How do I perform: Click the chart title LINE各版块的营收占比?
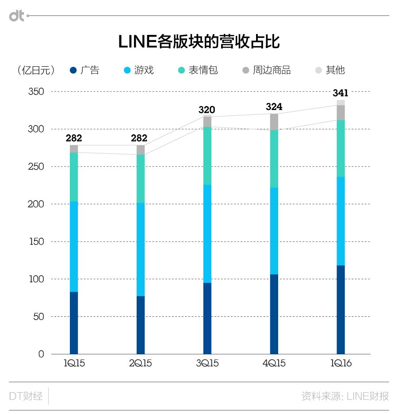click(199, 42)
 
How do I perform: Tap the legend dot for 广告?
click(74, 70)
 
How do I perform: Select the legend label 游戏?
click(144, 70)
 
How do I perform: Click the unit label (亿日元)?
click(36, 70)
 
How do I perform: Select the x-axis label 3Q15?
click(207, 364)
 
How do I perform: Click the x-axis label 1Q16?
click(341, 364)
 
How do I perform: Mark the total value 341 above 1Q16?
click(341, 93)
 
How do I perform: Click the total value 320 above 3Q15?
click(207, 110)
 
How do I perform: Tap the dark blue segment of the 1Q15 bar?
click(74, 323)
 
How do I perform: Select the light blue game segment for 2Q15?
click(141, 249)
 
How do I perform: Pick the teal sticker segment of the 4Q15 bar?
click(274, 159)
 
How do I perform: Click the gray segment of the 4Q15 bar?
click(274, 122)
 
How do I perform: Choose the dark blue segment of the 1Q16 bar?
click(341, 309)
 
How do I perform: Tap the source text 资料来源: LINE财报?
click(345, 396)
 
